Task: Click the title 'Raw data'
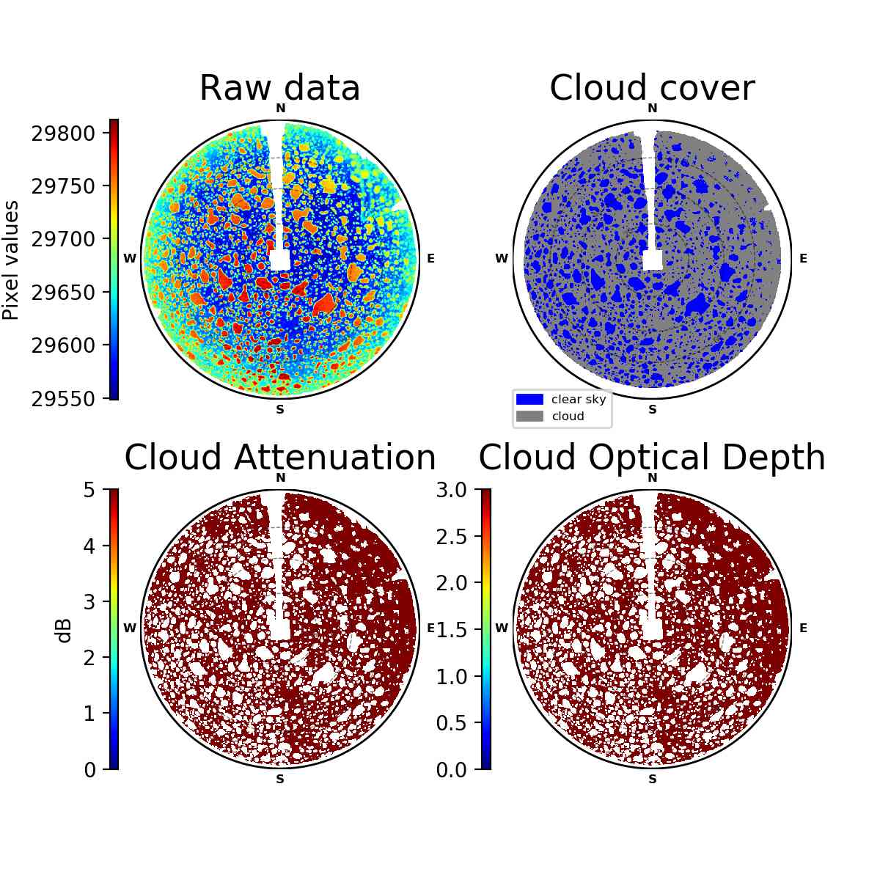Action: tap(279, 88)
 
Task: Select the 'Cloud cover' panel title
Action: tap(652, 88)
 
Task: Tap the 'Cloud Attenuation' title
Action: tap(280, 457)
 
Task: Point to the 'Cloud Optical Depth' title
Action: tap(652, 457)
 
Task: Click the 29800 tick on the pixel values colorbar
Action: tap(63, 133)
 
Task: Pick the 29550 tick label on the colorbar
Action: tap(63, 399)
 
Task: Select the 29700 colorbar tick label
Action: tap(63, 239)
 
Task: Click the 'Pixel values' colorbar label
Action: tap(11, 260)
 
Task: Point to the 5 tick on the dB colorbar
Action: tap(89, 490)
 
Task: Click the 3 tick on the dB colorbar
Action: tap(89, 602)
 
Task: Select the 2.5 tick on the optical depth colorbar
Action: tap(451, 537)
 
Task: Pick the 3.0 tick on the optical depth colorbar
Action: tap(451, 490)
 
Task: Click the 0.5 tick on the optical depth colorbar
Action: tap(451, 723)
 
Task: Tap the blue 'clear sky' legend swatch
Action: tap(529, 399)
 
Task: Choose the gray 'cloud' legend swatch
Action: tap(529, 416)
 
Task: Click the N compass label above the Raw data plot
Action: tap(280, 109)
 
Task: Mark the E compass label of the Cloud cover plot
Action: tap(803, 258)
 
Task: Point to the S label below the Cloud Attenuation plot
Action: tap(280, 779)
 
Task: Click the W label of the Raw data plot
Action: tap(130, 258)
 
